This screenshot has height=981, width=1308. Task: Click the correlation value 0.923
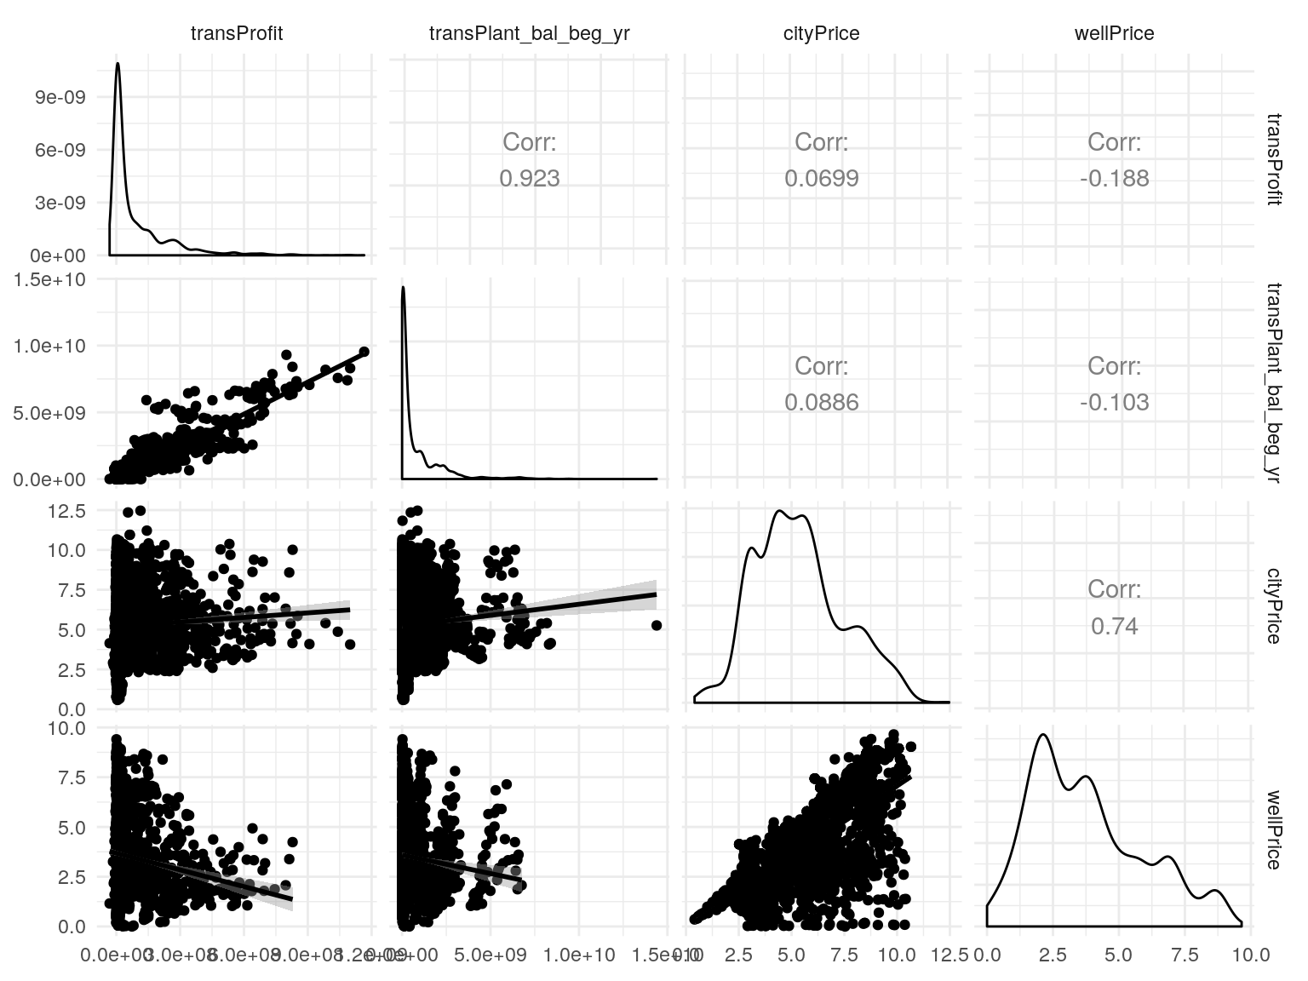point(529,178)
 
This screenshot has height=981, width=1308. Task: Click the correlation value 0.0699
point(821,178)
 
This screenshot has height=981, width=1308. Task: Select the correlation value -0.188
point(1114,178)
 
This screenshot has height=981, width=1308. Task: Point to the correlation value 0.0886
point(821,402)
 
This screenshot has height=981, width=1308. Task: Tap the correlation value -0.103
point(1114,402)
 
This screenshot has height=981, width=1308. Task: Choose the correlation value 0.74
point(1114,626)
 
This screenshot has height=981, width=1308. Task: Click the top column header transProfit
point(236,33)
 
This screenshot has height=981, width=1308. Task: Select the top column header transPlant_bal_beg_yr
point(529,33)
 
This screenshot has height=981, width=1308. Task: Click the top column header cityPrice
point(821,33)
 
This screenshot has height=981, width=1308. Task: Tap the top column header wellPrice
point(1114,33)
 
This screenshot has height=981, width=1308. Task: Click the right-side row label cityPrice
point(1273,605)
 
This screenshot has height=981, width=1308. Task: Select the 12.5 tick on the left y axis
point(66,511)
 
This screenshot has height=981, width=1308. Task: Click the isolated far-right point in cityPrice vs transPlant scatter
point(657,625)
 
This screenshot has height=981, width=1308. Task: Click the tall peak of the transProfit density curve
point(118,64)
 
